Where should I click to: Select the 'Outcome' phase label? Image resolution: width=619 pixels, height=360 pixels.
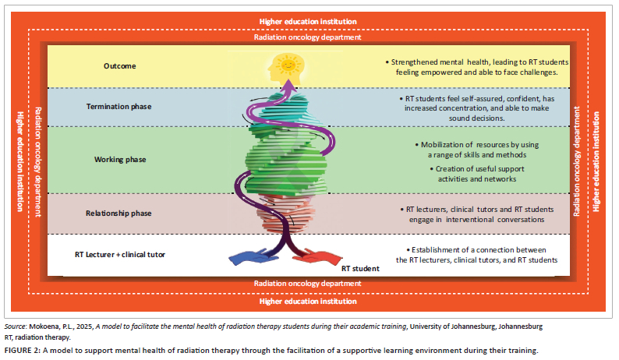[120, 66]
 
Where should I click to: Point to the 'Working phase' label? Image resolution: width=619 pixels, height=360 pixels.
[120, 160]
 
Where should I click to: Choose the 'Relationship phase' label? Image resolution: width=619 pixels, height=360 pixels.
[120, 213]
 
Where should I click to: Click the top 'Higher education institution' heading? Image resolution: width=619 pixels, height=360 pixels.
[309, 20]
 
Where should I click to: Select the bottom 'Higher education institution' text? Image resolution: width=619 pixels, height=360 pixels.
[309, 299]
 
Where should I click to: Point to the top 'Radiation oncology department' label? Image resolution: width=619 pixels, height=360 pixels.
[309, 37]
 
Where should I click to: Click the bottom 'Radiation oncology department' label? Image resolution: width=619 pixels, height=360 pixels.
[309, 283]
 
